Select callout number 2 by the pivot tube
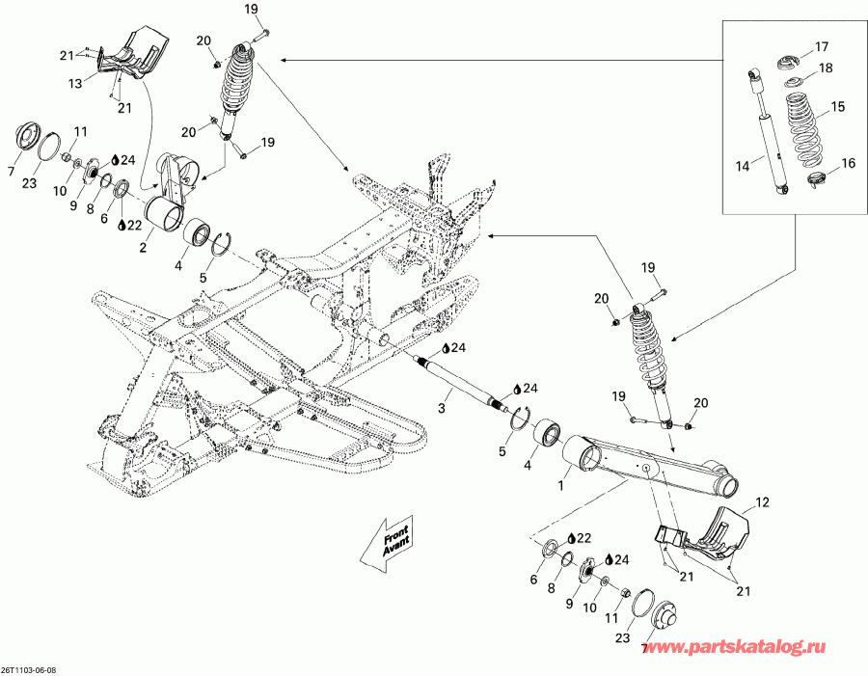[142, 247]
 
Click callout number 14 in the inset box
[743, 167]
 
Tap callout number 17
[821, 47]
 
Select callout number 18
[826, 68]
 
